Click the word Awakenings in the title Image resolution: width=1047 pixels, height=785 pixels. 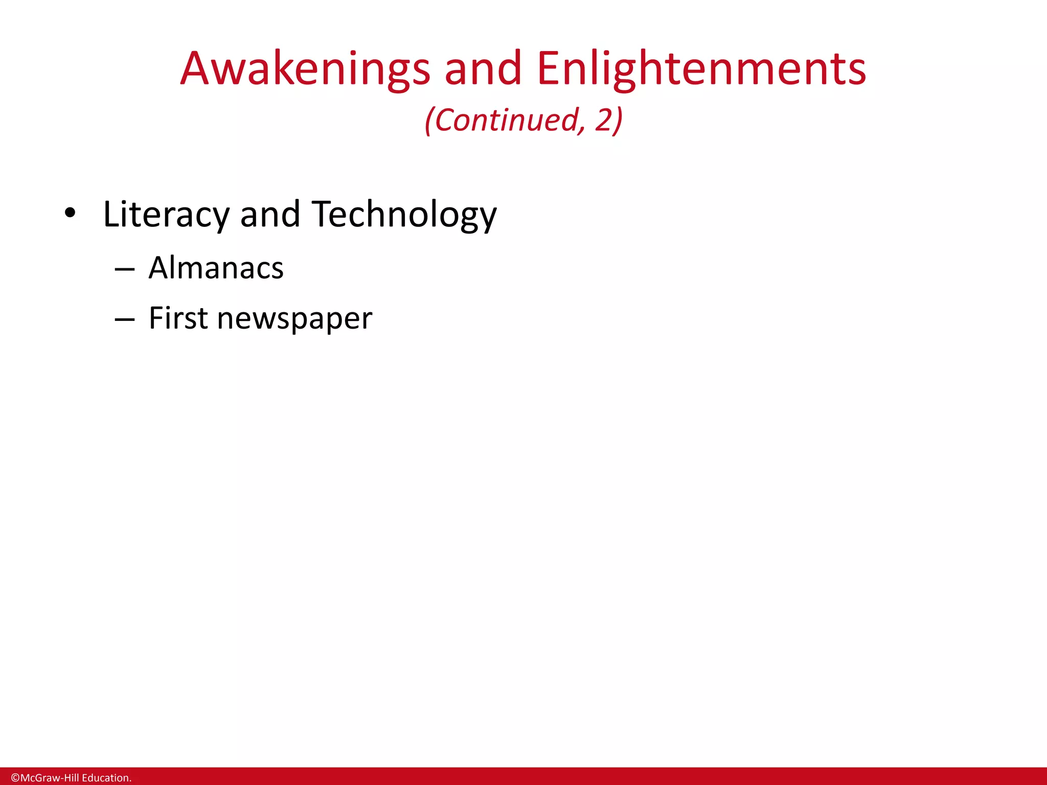305,69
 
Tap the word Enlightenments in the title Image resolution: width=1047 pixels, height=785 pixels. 701,69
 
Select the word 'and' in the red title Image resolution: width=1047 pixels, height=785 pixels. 483,69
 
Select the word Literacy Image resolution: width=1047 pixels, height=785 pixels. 166,215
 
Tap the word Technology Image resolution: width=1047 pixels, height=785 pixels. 404,215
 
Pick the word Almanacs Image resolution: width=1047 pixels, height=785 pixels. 216,268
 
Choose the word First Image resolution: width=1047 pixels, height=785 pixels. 178,318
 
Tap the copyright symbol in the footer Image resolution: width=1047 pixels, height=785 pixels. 15,778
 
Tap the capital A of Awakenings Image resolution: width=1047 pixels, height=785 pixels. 197,69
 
